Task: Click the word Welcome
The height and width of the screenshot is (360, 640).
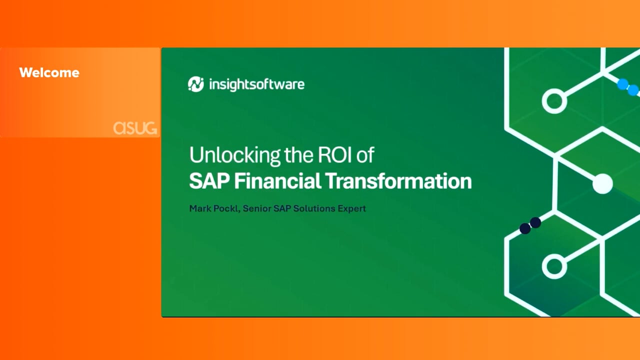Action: click(x=49, y=72)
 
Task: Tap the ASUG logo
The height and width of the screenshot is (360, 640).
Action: click(x=135, y=127)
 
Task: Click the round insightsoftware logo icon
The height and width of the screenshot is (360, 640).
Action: click(x=196, y=84)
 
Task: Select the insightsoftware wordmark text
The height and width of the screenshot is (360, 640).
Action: click(x=257, y=84)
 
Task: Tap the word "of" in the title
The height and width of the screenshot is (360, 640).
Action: click(x=365, y=154)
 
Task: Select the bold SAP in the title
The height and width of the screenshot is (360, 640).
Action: click(x=209, y=181)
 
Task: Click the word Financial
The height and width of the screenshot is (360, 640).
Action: click(x=277, y=181)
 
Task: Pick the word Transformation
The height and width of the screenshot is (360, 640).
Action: click(x=398, y=181)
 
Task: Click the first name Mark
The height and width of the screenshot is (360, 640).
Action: click(x=200, y=208)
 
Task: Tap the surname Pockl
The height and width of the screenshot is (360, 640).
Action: click(x=226, y=208)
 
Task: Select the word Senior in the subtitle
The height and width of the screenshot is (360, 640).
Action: click(x=257, y=208)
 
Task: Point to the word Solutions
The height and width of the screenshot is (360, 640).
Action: click(x=314, y=208)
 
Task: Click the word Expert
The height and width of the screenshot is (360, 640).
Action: click(x=351, y=209)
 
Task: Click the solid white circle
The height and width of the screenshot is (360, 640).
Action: click(x=602, y=183)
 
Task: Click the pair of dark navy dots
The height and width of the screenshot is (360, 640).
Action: click(x=530, y=225)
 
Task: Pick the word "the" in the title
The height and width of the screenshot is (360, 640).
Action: click(x=299, y=154)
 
